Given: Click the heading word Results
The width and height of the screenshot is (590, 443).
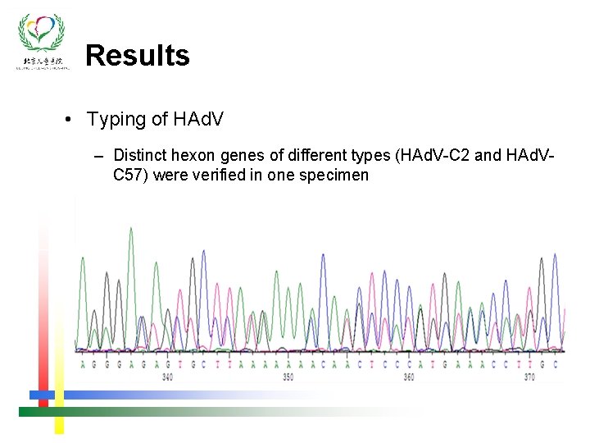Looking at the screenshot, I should pos(138,56).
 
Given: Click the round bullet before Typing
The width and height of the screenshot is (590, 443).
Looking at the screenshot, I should pos(71,121).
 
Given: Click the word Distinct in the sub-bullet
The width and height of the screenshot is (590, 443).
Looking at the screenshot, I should pos(139,156).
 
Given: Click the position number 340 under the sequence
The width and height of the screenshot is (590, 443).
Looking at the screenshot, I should pos(167,377).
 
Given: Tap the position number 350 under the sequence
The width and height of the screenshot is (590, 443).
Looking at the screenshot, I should pos(288,377).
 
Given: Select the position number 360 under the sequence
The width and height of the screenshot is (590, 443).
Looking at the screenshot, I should pos(408,377).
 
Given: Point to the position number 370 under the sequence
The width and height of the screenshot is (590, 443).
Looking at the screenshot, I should pos(529,377).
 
